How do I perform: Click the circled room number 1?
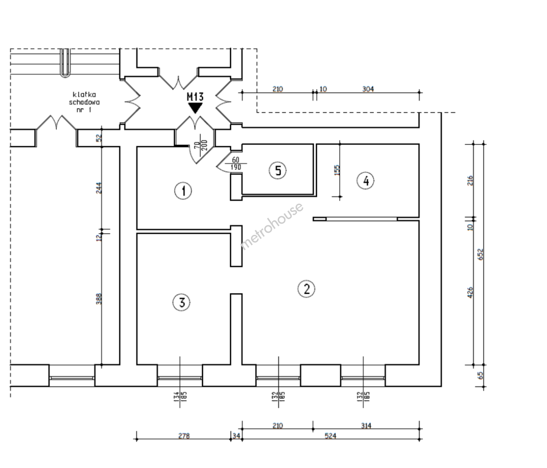coord(183,191)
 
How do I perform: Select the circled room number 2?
coord(306,289)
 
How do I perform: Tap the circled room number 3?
coord(181,302)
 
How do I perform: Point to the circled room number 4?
coord(366,181)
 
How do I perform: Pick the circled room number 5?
coord(277,170)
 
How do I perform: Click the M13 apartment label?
coord(195,97)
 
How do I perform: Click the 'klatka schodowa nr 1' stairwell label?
coord(84,102)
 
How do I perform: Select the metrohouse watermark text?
coord(272,226)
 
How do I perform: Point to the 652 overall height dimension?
coord(480,254)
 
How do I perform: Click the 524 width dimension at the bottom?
coord(331,435)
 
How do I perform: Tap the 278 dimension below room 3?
coord(184,436)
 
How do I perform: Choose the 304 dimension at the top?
coord(368,89)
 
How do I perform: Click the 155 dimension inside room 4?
coord(337,170)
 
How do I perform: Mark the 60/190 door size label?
coord(235,163)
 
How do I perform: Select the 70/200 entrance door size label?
coord(201,145)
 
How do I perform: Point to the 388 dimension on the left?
coord(99,299)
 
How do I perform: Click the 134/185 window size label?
coord(180,396)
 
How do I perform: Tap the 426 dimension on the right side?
coord(470,292)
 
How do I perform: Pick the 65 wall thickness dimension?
coord(480,376)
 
